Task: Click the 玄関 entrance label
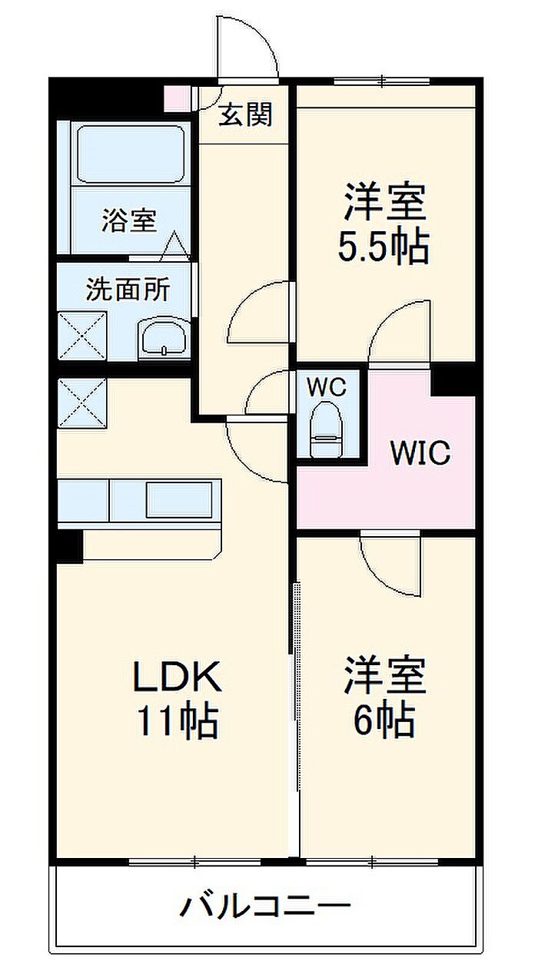(x=245, y=114)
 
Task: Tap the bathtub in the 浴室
(x=131, y=154)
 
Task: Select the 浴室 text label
(x=129, y=220)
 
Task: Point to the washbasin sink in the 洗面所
(x=162, y=339)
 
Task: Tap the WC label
(x=326, y=387)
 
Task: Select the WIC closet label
(x=420, y=452)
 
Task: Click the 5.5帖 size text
(x=384, y=247)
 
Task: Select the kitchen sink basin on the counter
(x=180, y=499)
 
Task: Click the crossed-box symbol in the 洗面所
(x=81, y=336)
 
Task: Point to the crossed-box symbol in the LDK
(x=81, y=402)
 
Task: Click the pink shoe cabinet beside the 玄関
(x=177, y=98)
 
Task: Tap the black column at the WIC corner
(x=453, y=380)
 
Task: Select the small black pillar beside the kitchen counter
(x=69, y=545)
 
